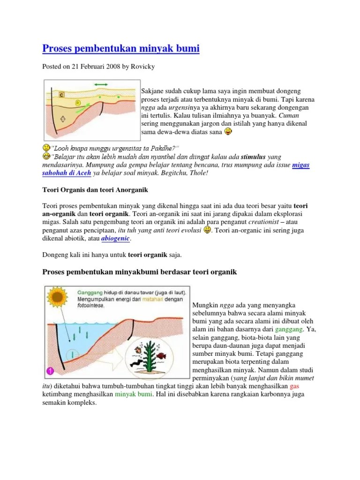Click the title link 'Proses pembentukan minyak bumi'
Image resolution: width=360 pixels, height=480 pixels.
point(121,49)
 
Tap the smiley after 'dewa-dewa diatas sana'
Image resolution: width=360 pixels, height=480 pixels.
point(228,132)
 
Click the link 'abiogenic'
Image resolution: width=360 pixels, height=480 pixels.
point(116,238)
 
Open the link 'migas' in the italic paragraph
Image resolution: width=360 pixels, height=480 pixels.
point(300,165)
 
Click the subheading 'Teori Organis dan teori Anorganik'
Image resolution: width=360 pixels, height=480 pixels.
point(95,190)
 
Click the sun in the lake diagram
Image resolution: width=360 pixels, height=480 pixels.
point(58,297)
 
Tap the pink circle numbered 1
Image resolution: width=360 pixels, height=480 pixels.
point(50,371)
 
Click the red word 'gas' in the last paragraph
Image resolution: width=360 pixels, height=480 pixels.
point(294,386)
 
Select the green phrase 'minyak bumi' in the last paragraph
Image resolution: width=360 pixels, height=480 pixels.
point(134,394)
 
